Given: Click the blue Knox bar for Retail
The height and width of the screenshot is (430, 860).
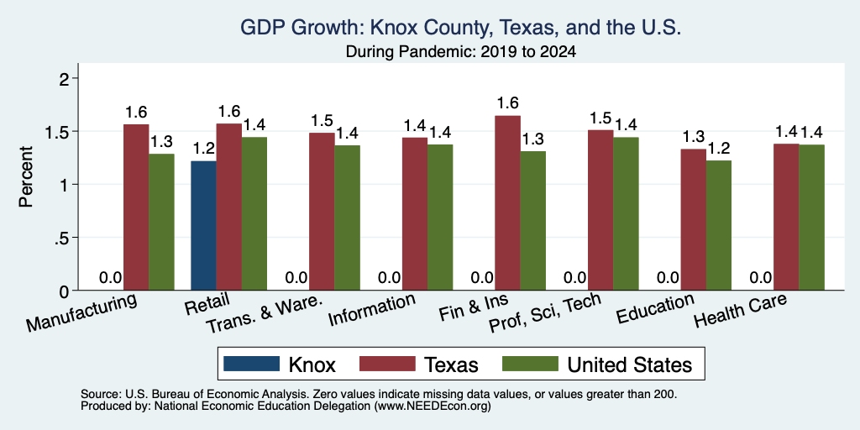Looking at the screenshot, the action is pos(203,225).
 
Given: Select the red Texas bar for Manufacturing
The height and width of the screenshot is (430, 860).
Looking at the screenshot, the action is pos(136,207).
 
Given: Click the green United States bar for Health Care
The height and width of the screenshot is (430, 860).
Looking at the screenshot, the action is pos(812,218).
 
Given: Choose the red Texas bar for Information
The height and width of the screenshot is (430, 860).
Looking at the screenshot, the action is pos(415,214).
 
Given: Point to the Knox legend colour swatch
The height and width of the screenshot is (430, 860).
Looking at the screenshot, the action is pos(252,364).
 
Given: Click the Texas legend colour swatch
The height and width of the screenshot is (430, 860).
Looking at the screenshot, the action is pos(387,364).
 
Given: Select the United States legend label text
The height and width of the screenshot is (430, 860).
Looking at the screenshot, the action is pos(630,364).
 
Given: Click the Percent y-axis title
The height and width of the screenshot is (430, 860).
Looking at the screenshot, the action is pos(26,176).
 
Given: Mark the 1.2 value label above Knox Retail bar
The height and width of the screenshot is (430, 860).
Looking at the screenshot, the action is pos(203,149).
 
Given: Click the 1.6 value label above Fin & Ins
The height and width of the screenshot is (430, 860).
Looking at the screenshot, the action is pos(507,103).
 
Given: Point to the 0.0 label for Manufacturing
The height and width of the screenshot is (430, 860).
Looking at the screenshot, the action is pos(110,277).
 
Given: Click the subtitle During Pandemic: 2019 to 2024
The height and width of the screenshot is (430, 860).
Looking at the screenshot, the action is pos(461,53).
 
